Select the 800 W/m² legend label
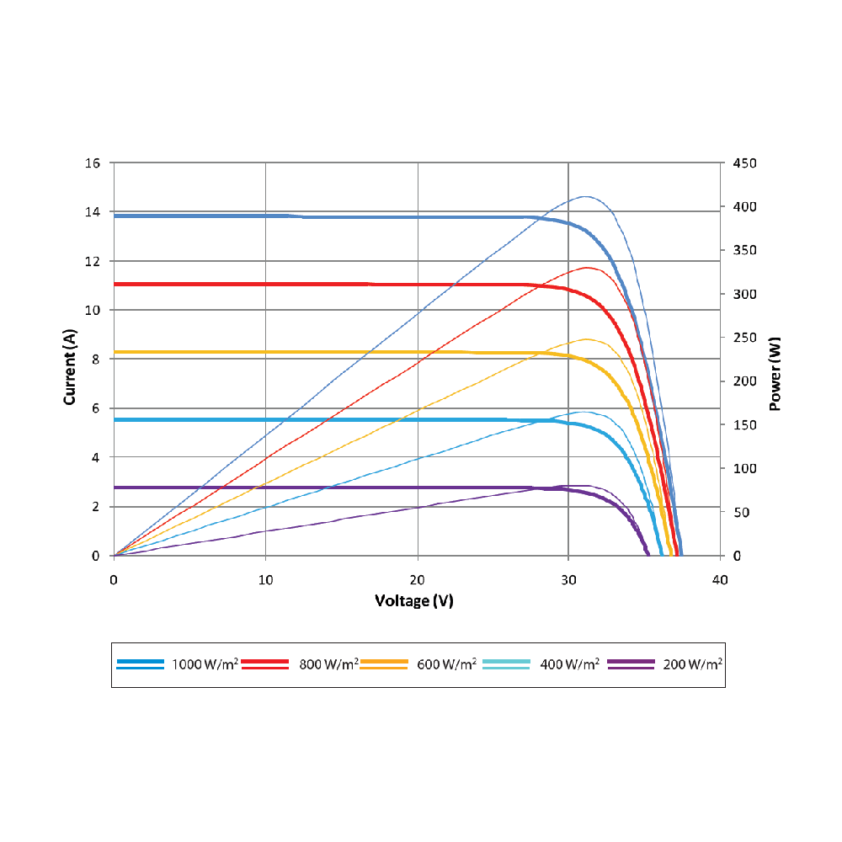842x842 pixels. [x=328, y=664]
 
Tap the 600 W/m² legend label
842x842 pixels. [x=446, y=664]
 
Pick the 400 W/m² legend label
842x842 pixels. [x=569, y=664]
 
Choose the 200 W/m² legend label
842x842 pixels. [x=691, y=664]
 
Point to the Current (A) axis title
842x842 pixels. [x=71, y=367]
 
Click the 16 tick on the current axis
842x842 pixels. [x=93, y=163]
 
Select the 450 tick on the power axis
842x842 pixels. [x=745, y=163]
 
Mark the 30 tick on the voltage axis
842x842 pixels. [x=569, y=579]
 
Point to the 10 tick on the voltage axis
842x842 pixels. [x=266, y=579]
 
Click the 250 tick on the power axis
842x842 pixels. [x=745, y=338]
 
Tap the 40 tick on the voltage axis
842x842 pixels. [x=720, y=579]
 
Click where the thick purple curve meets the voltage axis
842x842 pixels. [x=647, y=555]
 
